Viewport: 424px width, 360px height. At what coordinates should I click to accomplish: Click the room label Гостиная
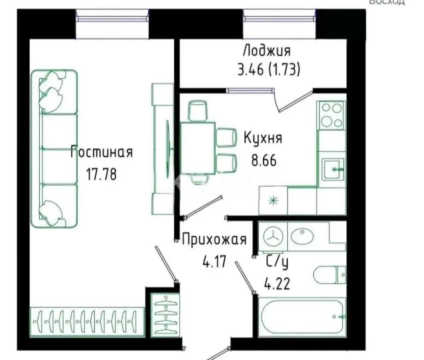101,153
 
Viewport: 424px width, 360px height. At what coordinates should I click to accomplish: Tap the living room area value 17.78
101,174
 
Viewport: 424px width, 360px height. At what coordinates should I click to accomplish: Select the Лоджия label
267,51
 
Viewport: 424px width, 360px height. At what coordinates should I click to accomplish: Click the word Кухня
263,138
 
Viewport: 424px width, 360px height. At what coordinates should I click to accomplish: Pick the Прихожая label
214,240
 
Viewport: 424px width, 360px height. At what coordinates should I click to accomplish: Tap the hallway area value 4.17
215,262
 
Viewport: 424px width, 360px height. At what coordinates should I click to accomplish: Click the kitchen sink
333,169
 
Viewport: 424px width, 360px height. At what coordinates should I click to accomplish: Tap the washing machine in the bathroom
273,236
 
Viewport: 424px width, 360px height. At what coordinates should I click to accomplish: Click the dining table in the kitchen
198,148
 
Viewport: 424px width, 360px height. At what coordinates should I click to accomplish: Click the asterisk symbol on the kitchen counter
273,201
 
